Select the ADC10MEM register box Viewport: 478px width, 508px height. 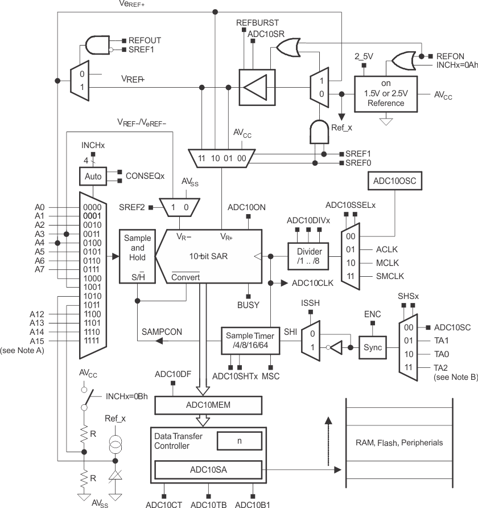208,405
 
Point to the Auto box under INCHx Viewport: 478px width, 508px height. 93,176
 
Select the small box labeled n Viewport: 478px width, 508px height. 240,440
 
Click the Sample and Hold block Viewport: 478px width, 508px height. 137,256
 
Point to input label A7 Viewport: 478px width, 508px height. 39,269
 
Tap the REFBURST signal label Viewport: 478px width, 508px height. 257,23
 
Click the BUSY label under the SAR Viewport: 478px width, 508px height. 248,305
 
